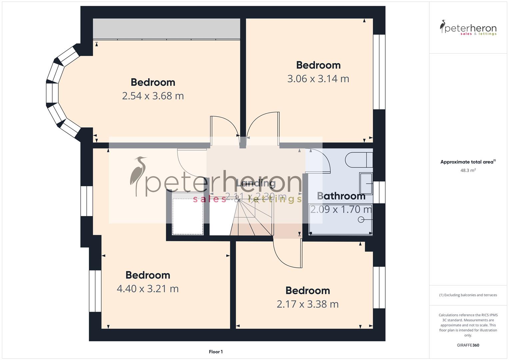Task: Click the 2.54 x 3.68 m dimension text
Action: point(153,96)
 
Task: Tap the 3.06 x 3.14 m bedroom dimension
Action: point(318,79)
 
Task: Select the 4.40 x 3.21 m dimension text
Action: point(147,289)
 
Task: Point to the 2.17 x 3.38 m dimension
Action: point(307,304)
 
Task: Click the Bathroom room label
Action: point(341,196)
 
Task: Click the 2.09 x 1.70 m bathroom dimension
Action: point(341,210)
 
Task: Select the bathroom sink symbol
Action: point(366,183)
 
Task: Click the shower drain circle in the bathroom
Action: point(361,220)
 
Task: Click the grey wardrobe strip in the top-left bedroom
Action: point(166,29)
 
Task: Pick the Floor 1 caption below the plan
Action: point(216,352)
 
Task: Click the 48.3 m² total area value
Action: point(468,170)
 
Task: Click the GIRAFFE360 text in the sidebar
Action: point(468,345)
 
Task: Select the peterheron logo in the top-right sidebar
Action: point(468,28)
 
